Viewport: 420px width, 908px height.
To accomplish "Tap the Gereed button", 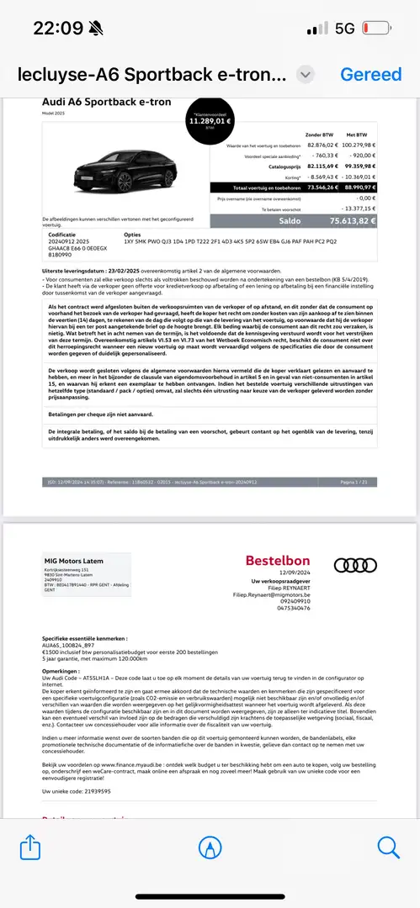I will [x=370, y=74].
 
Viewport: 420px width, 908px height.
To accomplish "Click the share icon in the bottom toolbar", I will [x=29, y=847].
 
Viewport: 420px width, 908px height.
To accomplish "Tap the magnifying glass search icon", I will [x=389, y=847].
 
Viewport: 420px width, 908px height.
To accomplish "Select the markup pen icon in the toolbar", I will [x=210, y=847].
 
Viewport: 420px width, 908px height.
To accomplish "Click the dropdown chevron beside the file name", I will [x=306, y=74].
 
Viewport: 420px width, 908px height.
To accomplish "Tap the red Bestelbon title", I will [x=277, y=561].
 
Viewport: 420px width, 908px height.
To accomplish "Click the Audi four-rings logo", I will [x=349, y=565].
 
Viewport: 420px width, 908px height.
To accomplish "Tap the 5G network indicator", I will [x=344, y=28].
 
